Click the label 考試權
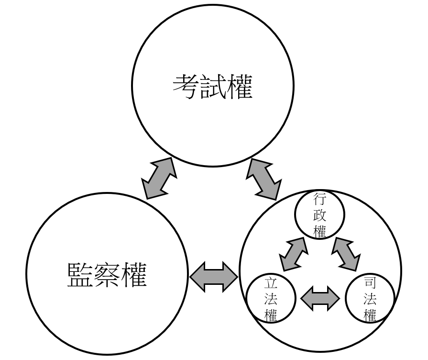point(212,86)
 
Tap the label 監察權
point(107,274)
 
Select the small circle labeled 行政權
point(319,215)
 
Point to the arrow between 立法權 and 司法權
point(320,298)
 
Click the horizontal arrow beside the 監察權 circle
point(214,276)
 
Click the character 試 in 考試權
point(212,86)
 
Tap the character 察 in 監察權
point(107,274)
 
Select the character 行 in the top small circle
point(319,198)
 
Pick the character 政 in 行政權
point(319,215)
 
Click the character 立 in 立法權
point(270,283)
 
